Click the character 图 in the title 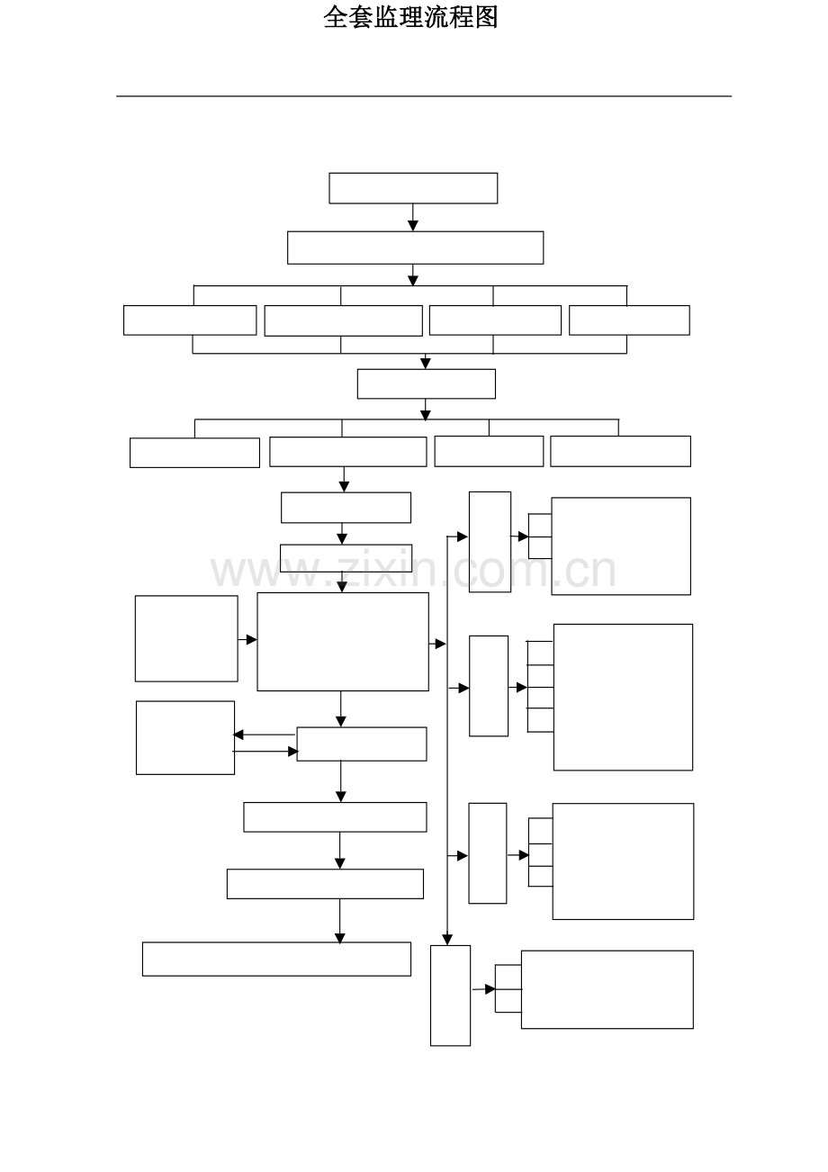(486, 17)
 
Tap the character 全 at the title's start (336, 17)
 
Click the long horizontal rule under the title (424, 96)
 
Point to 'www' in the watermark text (265, 572)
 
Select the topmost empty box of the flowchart (413, 188)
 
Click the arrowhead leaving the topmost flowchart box (413, 226)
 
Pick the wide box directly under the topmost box (415, 248)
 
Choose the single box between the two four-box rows (427, 384)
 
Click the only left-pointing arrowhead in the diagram (238, 735)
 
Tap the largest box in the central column (343, 642)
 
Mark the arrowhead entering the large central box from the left (252, 639)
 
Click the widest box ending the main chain (276, 959)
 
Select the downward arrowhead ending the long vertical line (447, 940)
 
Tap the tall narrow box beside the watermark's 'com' (490, 542)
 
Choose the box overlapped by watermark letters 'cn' (621, 546)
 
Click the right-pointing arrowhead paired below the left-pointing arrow (292, 752)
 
